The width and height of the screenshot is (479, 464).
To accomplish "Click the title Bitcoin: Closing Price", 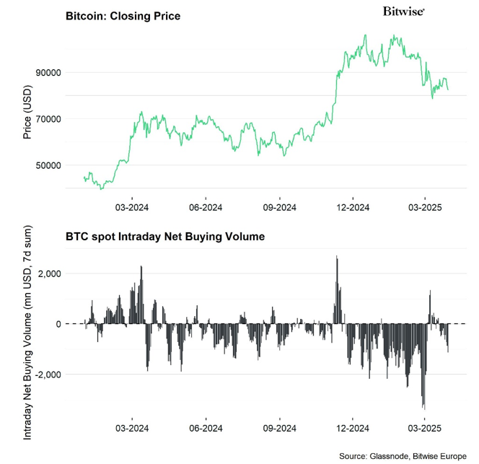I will coord(123,15).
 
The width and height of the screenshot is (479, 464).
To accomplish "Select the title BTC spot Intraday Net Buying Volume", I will coord(165,236).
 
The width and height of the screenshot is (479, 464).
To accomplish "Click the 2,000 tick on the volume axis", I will coord(48,273).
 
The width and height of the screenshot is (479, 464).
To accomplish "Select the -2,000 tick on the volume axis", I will coord(47,375).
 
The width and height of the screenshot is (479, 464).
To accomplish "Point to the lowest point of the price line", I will coord(102,188).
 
